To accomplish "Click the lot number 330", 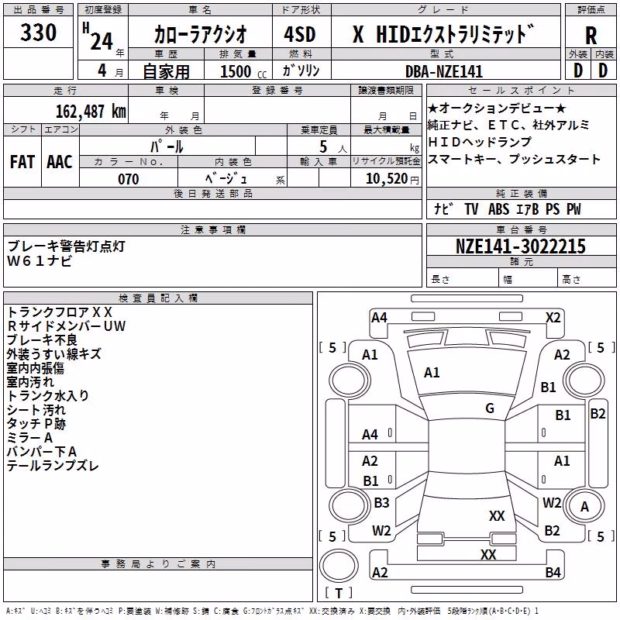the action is tap(38, 33).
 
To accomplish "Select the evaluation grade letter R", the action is tap(591, 36).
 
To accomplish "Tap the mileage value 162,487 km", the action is tap(91, 112).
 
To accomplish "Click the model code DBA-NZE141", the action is tap(444, 71).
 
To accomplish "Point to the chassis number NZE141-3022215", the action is tap(520, 246).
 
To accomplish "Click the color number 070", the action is tap(129, 179).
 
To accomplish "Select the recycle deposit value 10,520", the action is tap(387, 179).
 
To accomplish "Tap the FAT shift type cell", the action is tap(22, 162).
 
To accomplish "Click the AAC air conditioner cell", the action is tap(60, 162).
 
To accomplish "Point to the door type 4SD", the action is tap(300, 34).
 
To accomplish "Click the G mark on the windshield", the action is tap(490, 408).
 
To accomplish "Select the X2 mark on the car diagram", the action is tap(553, 318).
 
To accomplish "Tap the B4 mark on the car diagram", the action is tap(553, 572).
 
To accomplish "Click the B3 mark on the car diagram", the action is tap(381, 502).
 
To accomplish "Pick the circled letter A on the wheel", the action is tap(584, 507).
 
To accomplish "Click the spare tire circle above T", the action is tap(339, 566).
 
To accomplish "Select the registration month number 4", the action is tap(102, 71).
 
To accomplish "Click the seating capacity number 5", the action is tap(323, 146).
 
